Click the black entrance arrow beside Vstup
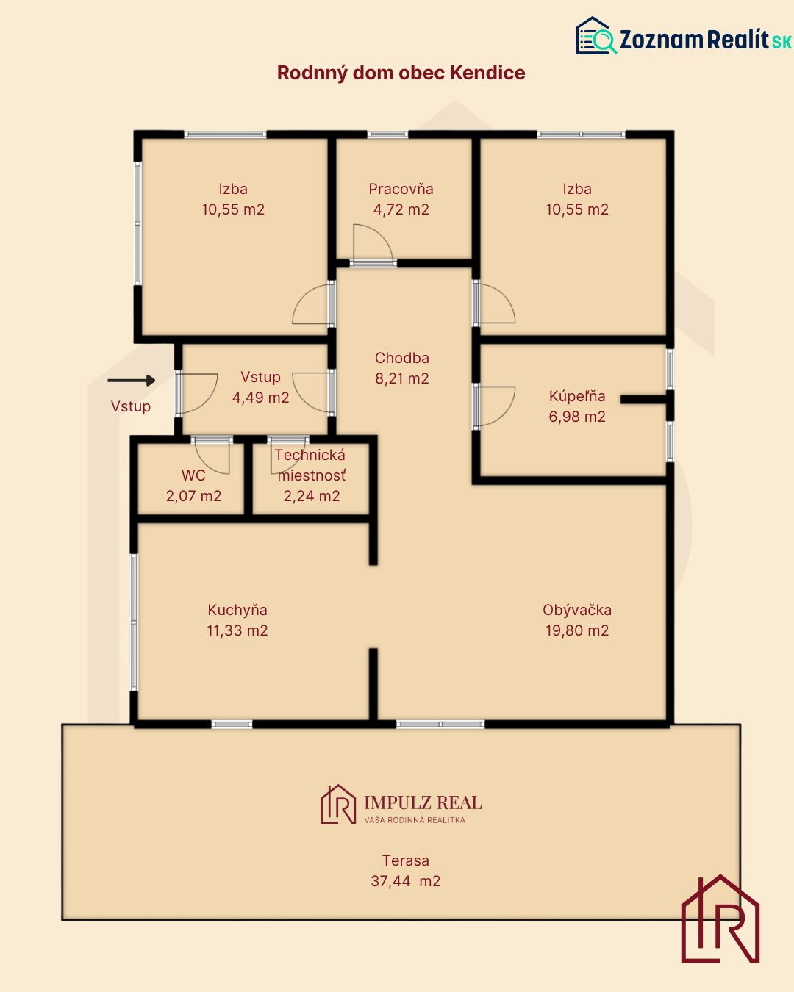coord(132,381)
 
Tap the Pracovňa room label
coord(401,189)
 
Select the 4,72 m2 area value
coord(401,209)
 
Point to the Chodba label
coord(402,357)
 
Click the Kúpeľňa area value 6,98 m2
coord(576,416)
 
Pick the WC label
coord(193,475)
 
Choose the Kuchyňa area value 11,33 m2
coord(237,630)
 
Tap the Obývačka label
coord(576,610)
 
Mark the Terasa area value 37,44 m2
coord(406,881)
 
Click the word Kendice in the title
coord(487,73)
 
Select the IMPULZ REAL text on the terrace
coord(423,802)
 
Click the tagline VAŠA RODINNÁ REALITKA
coord(415,819)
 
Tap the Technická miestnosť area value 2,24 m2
coord(312,495)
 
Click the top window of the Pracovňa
coord(387,134)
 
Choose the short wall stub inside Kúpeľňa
coord(643,399)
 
